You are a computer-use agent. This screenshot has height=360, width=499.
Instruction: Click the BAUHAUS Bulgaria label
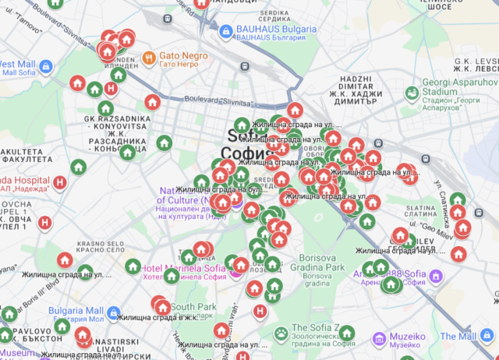tap(276, 30)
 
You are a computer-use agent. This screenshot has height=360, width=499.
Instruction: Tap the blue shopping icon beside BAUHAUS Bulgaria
tap(225, 30)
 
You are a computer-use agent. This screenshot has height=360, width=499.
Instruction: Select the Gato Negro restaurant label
tap(184, 56)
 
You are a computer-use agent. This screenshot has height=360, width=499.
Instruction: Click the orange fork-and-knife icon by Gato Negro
tap(148, 57)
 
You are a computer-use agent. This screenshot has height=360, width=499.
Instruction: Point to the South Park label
tap(194, 307)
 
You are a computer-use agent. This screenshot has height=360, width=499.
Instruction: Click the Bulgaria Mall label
tap(76, 311)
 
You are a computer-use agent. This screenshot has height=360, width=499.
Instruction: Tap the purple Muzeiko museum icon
tap(378, 338)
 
